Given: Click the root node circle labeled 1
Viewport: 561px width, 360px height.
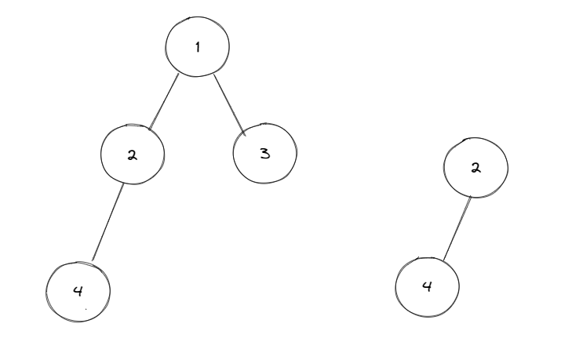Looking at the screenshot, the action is tap(197, 46).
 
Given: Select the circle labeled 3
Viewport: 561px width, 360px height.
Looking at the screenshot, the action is tap(265, 152).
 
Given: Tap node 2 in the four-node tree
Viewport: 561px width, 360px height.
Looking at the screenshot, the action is tap(133, 154).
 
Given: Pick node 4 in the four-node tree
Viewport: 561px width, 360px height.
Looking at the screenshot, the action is tap(78, 289).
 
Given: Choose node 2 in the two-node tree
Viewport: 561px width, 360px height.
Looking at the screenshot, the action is tap(475, 168).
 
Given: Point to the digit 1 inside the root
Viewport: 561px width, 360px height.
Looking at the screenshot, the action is tap(198, 46).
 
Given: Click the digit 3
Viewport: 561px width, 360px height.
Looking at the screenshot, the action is tap(265, 153).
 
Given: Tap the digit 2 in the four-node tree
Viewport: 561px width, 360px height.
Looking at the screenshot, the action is tap(133, 155).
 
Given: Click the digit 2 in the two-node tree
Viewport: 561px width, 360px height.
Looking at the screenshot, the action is tap(475, 169).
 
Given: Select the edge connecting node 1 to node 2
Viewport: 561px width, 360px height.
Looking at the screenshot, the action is tap(165, 100).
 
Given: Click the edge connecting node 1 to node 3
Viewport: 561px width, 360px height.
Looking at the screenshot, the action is tap(231, 104).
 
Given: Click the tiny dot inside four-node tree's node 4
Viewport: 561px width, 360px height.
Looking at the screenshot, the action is tap(86, 309).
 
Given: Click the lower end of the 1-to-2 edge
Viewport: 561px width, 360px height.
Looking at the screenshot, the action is tap(149, 128).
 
